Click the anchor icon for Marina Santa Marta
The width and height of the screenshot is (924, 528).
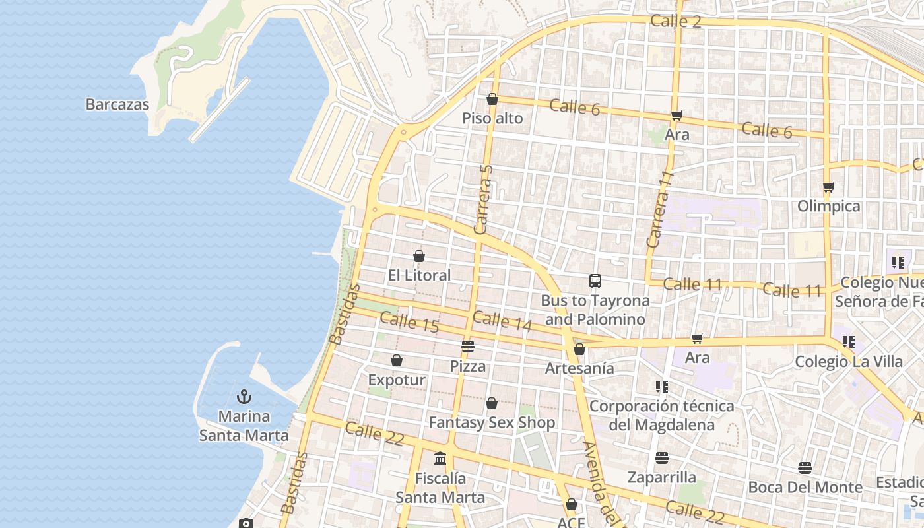[244, 397]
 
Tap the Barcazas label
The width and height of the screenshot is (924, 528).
[117, 104]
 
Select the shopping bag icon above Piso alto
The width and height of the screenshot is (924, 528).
[492, 100]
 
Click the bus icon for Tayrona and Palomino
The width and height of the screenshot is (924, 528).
[595, 281]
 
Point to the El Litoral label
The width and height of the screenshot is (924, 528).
[419, 275]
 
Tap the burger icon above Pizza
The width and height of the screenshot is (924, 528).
[468, 346]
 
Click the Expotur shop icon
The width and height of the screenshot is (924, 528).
[397, 360]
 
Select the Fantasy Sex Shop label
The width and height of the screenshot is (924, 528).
[492, 422]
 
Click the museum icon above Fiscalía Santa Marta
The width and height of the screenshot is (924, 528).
[440, 458]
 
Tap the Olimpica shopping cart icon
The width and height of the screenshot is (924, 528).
[829, 187]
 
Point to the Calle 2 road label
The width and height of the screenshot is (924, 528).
[676, 21]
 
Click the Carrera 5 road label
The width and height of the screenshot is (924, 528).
[484, 199]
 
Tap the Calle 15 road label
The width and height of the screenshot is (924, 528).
[409, 322]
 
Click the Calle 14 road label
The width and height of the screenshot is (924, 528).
[502, 320]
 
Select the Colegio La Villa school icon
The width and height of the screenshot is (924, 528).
[849, 342]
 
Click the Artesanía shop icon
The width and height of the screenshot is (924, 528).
[579, 349]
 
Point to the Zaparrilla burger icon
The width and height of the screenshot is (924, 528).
[662, 458]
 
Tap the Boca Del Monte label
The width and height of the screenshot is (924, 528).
[805, 488]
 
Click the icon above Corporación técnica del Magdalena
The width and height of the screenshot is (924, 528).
[662, 387]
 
